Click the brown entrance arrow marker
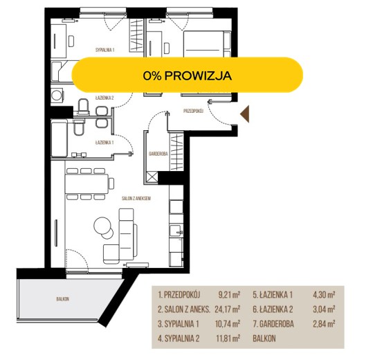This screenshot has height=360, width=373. [246, 114]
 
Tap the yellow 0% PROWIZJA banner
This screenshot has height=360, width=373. [188, 75]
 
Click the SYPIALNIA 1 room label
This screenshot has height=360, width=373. [105, 50]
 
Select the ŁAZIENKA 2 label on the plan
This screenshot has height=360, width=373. [104, 98]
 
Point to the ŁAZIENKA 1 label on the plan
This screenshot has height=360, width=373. [104, 143]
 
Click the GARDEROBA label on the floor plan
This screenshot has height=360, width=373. [158, 154]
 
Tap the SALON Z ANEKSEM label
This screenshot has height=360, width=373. [136, 198]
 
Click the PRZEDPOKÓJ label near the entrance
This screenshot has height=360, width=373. [193, 111]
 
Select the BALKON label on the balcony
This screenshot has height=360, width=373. [62, 299]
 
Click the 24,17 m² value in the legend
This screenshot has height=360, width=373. [228, 309]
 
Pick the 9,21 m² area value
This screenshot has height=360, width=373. [229, 295]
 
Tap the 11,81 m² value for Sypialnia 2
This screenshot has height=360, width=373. [228, 338]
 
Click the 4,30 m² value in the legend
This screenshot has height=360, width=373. [324, 295]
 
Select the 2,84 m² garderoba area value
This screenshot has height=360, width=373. [324, 324]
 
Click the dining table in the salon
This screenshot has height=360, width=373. [87, 183]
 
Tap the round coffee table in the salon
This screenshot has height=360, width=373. [102, 226]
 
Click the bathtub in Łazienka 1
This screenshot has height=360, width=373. [60, 139]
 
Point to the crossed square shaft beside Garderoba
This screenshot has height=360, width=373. [152, 177]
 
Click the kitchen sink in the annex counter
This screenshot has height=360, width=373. [176, 231]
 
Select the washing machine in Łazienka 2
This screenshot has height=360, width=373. [57, 96]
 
